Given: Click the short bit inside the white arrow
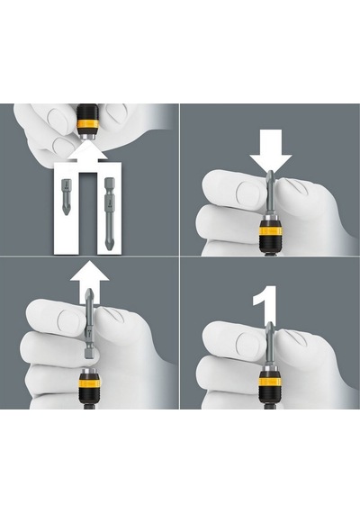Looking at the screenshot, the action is pos(67,196).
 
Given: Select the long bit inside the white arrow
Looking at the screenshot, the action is pos(108,213).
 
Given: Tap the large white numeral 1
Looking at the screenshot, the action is pos(265,305).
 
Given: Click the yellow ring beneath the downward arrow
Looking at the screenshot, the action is pos(271,231).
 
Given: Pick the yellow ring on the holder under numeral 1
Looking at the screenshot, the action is pos(271,382).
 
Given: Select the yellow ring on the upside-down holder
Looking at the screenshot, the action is pos(87,125).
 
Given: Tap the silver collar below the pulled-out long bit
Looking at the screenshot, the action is pos(89,373).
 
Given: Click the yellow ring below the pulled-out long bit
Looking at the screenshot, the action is pos(89,383).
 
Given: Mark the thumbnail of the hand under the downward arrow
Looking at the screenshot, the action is pos(248,191).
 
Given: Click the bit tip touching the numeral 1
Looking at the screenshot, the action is pos(270,326).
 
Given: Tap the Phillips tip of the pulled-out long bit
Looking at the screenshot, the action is pos(89,293).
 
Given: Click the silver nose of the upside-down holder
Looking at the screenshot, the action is pos(87,136).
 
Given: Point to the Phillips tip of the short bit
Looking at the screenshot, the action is pos(67,210).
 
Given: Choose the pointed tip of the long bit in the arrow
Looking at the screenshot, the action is pos(108,246).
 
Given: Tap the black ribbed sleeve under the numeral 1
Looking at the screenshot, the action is pos(271,395).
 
